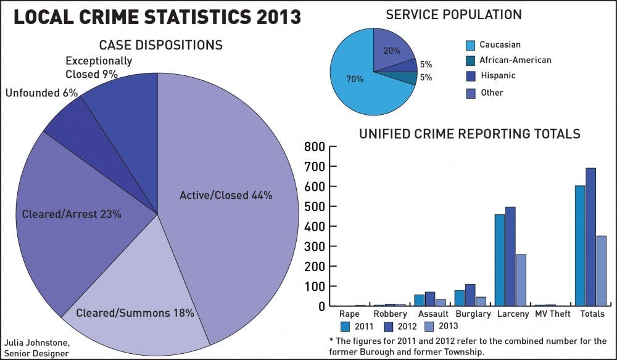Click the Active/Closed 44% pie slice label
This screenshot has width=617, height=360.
click(226, 195)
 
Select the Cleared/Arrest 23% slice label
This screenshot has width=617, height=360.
click(72, 214)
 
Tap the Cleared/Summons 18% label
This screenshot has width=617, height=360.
click(135, 313)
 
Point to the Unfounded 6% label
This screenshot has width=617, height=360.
click(41, 93)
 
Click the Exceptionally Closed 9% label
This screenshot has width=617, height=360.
click(99, 67)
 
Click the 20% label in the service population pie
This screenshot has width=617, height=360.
click(391, 51)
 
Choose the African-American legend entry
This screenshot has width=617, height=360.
click(515, 60)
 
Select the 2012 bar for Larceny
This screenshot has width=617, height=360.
click(510, 256)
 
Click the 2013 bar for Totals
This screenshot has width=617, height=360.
click(602, 270)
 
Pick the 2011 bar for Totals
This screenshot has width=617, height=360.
click(579, 246)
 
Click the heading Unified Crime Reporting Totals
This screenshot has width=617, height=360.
click(469, 133)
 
